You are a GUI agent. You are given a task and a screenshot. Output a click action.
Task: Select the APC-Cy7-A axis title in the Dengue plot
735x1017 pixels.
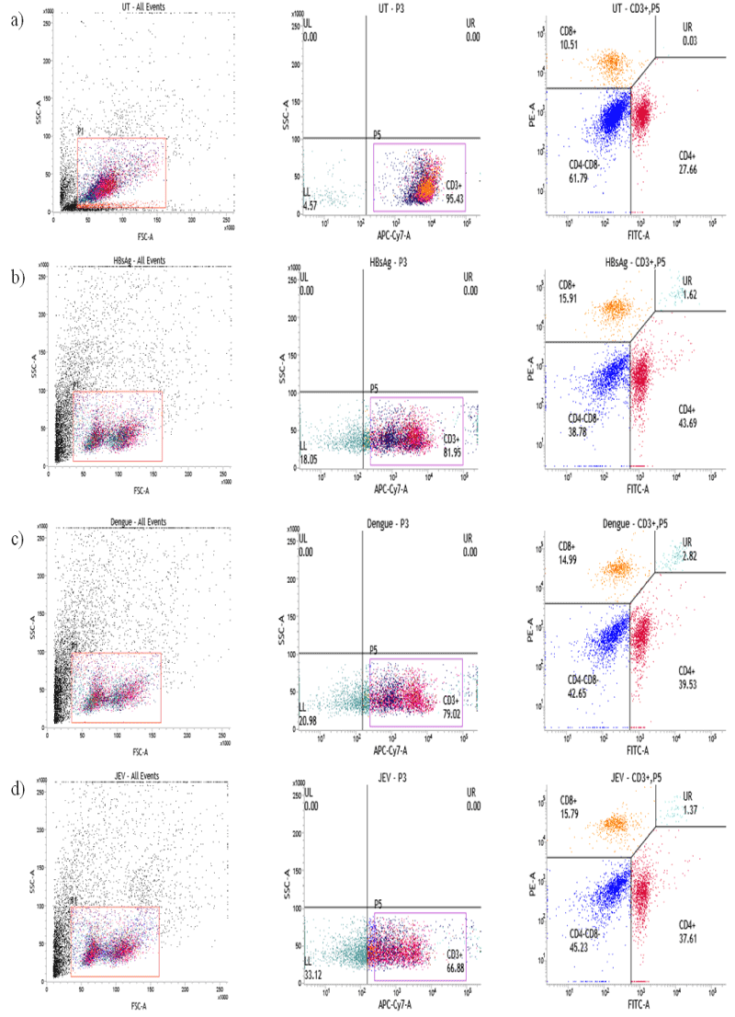pyautogui.click(x=392, y=750)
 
